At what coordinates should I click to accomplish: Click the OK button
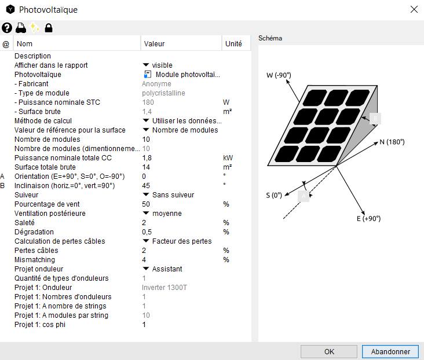tap(329, 351)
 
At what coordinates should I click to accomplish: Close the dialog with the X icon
tap(414, 10)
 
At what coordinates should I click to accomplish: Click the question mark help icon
tap(7, 28)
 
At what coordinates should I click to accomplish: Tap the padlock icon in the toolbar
tap(49, 28)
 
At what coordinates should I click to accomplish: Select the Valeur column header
tap(154, 43)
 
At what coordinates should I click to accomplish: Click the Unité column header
tap(233, 43)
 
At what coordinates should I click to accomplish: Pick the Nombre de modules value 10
tap(146, 139)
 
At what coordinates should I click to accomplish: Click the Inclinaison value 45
tap(146, 186)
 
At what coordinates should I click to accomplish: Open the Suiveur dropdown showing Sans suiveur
tap(169, 195)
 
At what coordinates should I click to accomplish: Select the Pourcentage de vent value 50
tap(146, 204)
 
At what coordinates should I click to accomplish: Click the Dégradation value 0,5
tap(148, 232)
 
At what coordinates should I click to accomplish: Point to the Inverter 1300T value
tap(165, 288)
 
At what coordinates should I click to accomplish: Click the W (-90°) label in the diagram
tap(279, 75)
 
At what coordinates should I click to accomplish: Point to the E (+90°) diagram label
tap(369, 218)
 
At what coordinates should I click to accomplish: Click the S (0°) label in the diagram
tap(274, 195)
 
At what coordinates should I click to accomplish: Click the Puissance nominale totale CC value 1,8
tap(147, 158)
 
